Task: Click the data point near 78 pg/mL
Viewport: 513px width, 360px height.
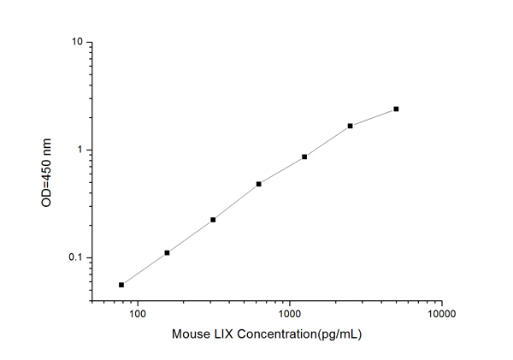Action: point(121,285)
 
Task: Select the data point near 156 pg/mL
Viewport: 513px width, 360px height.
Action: point(167,252)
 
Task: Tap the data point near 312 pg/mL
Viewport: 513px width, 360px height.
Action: point(213,220)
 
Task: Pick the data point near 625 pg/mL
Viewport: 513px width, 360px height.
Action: point(258,184)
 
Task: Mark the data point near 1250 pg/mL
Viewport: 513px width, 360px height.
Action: point(304,156)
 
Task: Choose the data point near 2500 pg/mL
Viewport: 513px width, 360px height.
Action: point(351,126)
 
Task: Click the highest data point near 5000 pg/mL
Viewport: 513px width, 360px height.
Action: point(397,109)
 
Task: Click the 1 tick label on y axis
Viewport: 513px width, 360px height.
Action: point(80,150)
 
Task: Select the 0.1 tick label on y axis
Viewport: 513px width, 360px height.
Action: point(75,258)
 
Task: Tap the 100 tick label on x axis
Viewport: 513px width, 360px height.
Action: point(138,314)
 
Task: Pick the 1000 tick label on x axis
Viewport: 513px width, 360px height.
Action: point(290,314)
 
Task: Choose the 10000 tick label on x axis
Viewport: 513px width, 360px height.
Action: point(441,314)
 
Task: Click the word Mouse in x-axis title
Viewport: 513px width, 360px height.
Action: point(190,335)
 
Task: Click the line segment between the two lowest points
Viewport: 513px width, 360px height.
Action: point(144,269)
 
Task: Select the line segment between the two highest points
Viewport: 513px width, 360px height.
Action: point(374,117)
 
